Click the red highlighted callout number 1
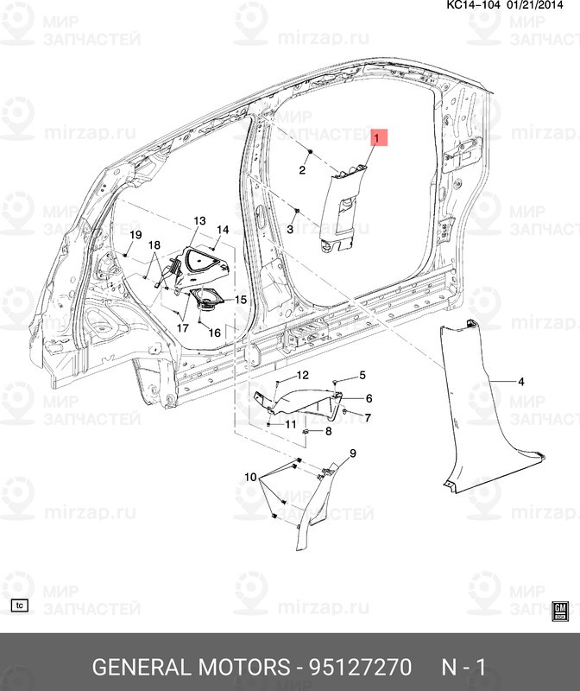click(x=376, y=138)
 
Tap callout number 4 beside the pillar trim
click(x=521, y=382)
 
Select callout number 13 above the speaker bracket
click(x=199, y=221)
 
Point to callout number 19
click(x=136, y=235)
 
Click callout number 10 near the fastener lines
click(x=250, y=477)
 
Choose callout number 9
click(x=353, y=453)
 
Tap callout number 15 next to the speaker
click(x=241, y=300)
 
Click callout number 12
click(x=303, y=375)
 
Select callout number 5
click(x=362, y=375)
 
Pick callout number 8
click(x=329, y=431)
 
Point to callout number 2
click(x=302, y=170)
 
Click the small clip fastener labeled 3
click(x=296, y=211)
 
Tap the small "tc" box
click(x=19, y=605)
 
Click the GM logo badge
click(x=560, y=612)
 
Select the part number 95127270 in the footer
click(x=361, y=667)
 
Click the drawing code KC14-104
click(x=474, y=5)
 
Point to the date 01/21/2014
click(x=535, y=5)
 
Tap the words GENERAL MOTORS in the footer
click(x=191, y=667)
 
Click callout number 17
click(x=183, y=328)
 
